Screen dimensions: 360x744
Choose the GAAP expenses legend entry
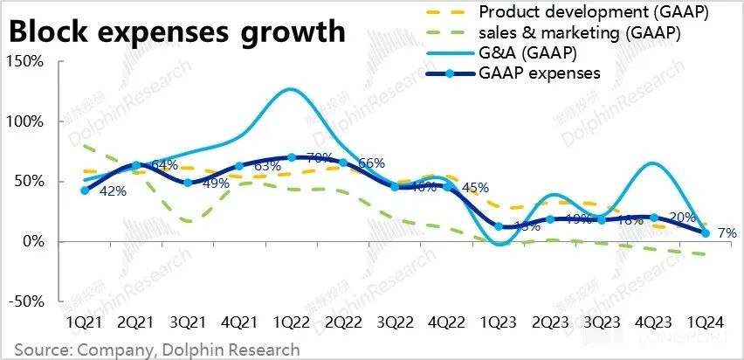[539, 73]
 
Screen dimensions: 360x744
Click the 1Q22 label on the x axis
[290, 322]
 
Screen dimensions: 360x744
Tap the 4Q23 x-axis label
[652, 322]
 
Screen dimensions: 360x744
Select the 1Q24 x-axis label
[705, 322]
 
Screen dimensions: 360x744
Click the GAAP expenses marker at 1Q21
[85, 190]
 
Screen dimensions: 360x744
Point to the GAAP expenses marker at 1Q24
[706, 232]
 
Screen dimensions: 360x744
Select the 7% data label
[727, 234]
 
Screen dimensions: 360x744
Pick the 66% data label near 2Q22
[371, 163]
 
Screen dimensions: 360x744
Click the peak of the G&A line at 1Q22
[290, 89]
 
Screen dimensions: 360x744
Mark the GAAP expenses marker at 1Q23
[499, 226]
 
